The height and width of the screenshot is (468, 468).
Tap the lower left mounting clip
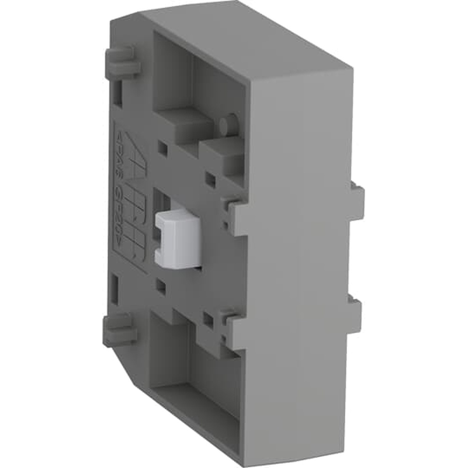pyautogui.click(x=119, y=330)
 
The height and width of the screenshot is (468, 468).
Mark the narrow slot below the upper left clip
pyautogui.click(x=118, y=93)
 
